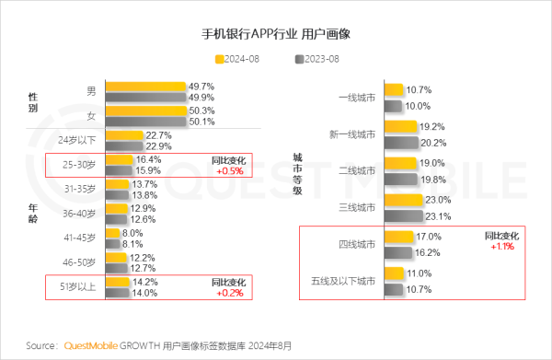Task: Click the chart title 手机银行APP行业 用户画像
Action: tap(275, 35)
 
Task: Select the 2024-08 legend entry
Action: tap(238, 59)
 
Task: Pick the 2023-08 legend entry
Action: tap(317, 59)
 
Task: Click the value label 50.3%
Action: tap(201, 110)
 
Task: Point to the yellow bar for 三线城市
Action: tap(402, 200)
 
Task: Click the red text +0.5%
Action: tap(229, 170)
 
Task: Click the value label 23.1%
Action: tap(438, 217)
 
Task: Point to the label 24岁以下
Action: tap(75, 140)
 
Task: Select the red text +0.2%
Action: tap(229, 293)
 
